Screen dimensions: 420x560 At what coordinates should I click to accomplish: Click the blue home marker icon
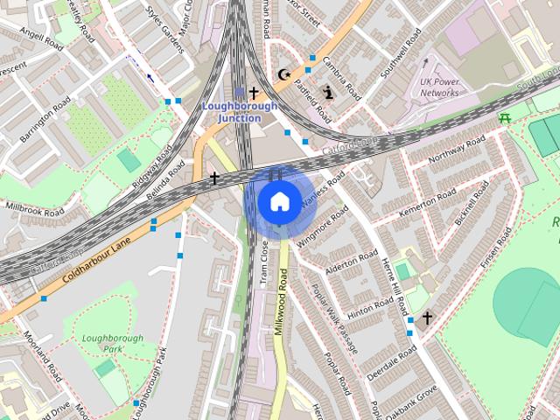(x=278, y=201)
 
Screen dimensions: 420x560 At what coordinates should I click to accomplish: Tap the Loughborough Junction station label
(x=240, y=111)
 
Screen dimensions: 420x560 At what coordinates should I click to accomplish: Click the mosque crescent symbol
(x=283, y=75)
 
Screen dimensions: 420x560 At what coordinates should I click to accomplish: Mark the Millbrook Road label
(x=34, y=208)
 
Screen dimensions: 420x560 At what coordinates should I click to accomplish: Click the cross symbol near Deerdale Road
(x=427, y=318)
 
